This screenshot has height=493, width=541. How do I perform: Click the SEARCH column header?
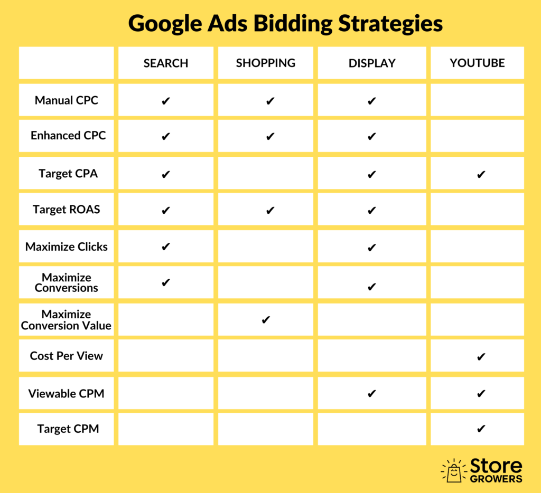pyautogui.click(x=166, y=63)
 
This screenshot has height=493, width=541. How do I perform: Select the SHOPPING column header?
pyautogui.click(x=266, y=63)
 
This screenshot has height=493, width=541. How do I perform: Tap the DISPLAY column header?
pyautogui.click(x=372, y=63)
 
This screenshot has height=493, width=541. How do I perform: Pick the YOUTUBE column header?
pyautogui.click(x=477, y=63)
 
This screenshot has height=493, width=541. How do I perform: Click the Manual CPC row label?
pyautogui.click(x=67, y=100)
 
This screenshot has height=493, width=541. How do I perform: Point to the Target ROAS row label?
pyautogui.click(x=67, y=210)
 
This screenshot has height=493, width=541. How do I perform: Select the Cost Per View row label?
pyautogui.click(x=67, y=356)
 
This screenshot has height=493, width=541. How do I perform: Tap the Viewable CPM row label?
pyautogui.click(x=67, y=393)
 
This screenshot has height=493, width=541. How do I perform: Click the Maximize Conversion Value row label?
pyautogui.click(x=67, y=320)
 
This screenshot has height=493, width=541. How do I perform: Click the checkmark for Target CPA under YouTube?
pyautogui.click(x=481, y=175)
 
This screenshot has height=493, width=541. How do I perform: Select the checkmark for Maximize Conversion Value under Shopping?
pyautogui.click(x=266, y=320)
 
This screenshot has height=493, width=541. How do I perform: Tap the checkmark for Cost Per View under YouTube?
pyautogui.click(x=481, y=357)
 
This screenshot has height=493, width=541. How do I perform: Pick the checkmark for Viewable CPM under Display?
pyautogui.click(x=371, y=393)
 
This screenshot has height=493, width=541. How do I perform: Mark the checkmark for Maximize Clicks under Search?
pyautogui.click(x=166, y=246)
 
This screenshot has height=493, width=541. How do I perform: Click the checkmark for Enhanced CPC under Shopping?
pyautogui.click(x=270, y=137)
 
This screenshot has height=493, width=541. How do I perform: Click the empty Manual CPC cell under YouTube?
pyautogui.click(x=477, y=100)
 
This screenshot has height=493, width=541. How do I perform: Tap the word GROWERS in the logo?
pyautogui.click(x=496, y=479)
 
